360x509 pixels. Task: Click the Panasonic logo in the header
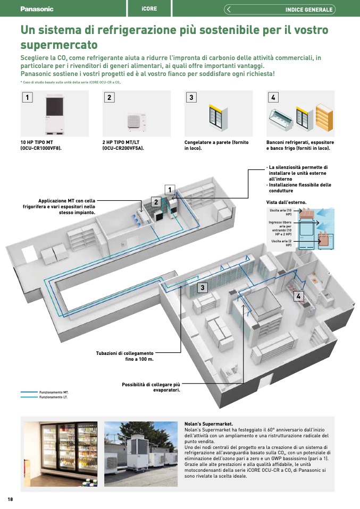(37, 9)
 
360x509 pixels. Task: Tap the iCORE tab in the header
(149, 9)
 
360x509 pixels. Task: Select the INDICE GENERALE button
(279, 10)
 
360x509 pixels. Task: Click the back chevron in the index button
(229, 10)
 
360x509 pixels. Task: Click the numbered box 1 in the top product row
(27, 97)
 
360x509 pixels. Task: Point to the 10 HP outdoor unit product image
(55, 114)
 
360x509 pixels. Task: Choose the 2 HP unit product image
(137, 122)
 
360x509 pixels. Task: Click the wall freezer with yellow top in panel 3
(219, 117)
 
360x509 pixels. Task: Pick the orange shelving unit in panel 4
(324, 117)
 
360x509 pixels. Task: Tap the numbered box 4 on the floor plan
(298, 296)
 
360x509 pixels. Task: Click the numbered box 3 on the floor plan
(203, 287)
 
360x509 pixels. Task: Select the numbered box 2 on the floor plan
(156, 202)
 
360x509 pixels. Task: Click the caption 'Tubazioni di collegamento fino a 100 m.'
(125, 356)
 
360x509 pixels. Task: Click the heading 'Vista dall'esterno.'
(286, 202)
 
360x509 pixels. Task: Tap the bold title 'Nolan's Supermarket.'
(208, 424)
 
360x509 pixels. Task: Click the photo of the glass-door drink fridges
(61, 454)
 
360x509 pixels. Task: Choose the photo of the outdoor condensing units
(141, 454)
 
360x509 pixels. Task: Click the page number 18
(10, 499)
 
